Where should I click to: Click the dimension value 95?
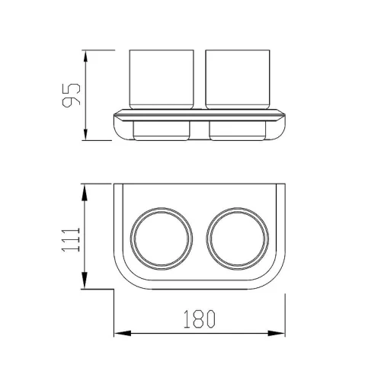72,95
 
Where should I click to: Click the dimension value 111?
71,239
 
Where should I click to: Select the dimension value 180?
200,319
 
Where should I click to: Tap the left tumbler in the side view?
162,79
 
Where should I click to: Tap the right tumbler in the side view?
238,79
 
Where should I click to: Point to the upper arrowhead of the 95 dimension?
85,56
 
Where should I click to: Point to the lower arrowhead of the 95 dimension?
85,134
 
